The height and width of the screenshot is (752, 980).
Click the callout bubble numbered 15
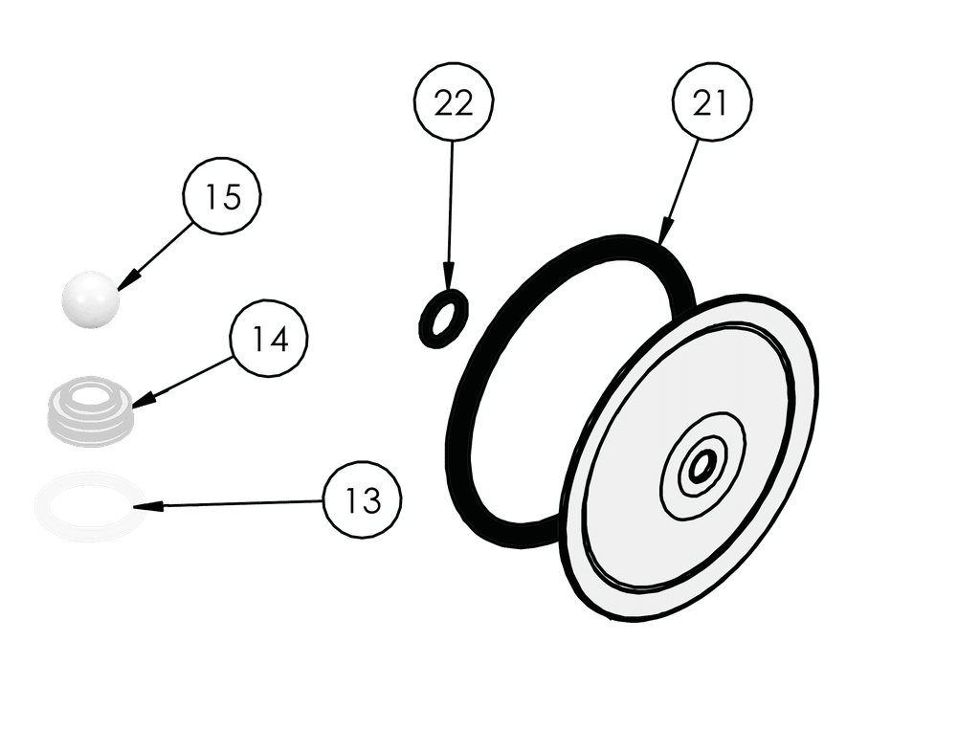pyautogui.click(x=221, y=198)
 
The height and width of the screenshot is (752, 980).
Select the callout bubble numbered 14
pyautogui.click(x=271, y=341)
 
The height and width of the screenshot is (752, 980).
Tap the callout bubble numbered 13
pyautogui.click(x=363, y=500)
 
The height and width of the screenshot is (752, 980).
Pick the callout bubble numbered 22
pyautogui.click(x=453, y=104)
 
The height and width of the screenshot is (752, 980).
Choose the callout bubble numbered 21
pyautogui.click(x=710, y=104)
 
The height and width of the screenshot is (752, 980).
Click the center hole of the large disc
pyautogui.click(x=702, y=466)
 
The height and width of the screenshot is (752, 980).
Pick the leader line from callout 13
pyautogui.click(x=239, y=501)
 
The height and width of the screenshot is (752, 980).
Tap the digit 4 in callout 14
pyautogui.click(x=280, y=341)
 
